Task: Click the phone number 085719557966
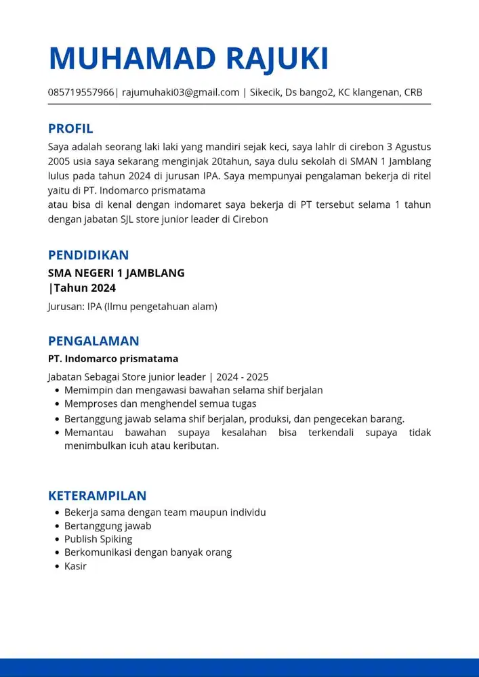81,93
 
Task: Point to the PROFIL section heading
70,129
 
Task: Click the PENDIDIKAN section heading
88,255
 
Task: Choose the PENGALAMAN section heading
93,341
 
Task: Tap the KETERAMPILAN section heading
97,496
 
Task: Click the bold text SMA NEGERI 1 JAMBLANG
116,274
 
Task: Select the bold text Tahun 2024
84,288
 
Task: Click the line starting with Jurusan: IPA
132,307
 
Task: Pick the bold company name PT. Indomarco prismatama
113,359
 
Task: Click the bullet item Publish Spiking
98,540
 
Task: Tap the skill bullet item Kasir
75,566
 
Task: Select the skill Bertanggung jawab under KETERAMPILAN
108,526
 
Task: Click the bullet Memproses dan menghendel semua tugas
160,404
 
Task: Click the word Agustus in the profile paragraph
413,147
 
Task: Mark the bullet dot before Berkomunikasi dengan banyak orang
57,552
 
